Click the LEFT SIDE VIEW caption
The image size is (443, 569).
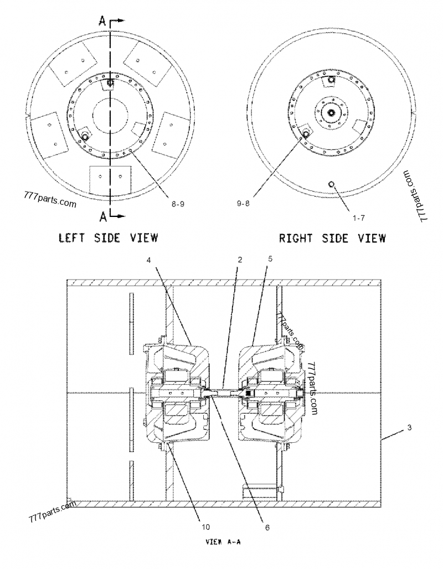pyautogui.click(x=109, y=238)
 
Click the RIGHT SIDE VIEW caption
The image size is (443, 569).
pyautogui.click(x=332, y=238)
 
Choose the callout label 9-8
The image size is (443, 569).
pyautogui.click(x=244, y=204)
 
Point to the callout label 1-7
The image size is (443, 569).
pyautogui.click(x=358, y=217)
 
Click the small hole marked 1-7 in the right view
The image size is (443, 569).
pyautogui.click(x=331, y=184)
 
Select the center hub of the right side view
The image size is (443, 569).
pyautogui.click(x=331, y=112)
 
